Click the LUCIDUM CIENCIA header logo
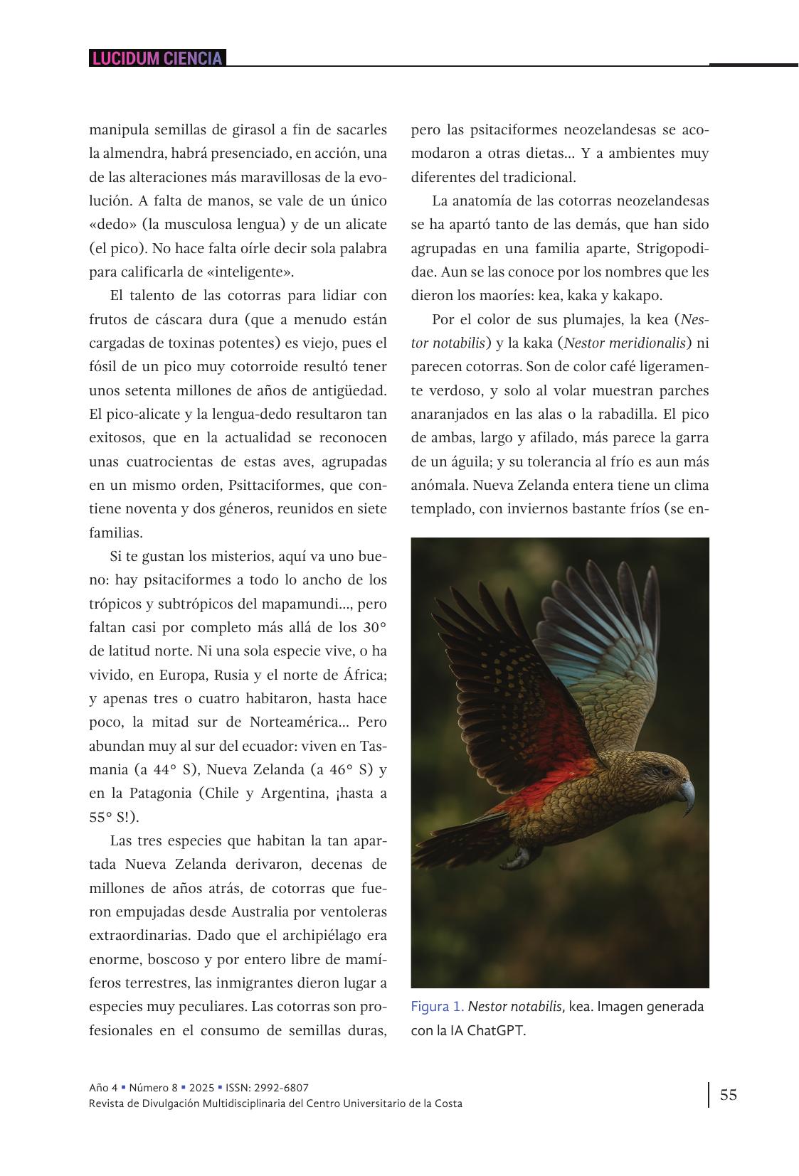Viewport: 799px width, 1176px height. coord(157,58)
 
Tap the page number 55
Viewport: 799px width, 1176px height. coord(729,1094)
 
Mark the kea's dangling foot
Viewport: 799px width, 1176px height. coord(519,858)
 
